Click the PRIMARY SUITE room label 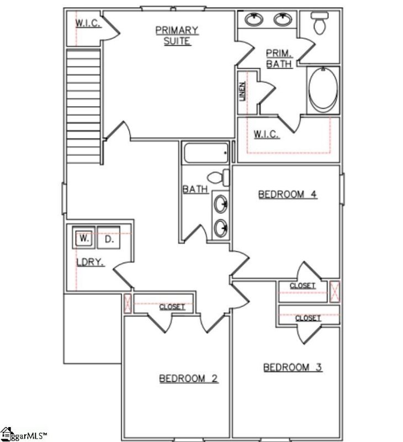(177, 35)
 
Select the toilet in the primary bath (320, 24)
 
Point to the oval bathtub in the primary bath (322, 90)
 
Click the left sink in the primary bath (254, 20)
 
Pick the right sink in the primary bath (283, 20)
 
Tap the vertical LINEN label (242, 92)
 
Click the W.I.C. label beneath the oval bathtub (267, 134)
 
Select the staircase (82, 105)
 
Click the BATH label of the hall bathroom (195, 190)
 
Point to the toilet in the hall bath (219, 177)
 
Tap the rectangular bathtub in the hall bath (205, 152)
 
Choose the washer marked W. (84, 239)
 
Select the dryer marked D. (109, 239)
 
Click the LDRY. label (91, 262)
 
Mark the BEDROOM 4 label (288, 194)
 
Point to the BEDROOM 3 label (293, 367)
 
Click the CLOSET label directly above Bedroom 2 (172, 307)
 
